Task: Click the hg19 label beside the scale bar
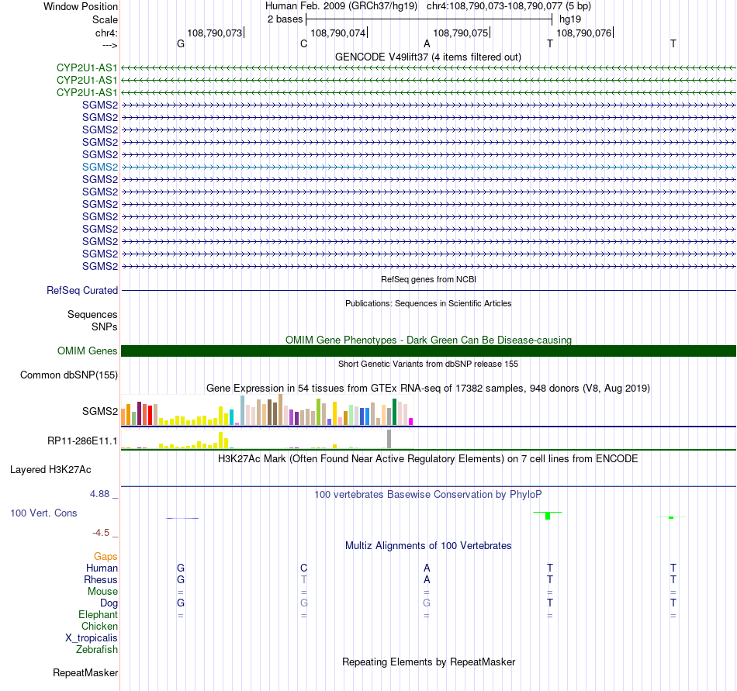point(570,19)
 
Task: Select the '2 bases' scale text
point(285,19)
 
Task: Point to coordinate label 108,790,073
point(214,33)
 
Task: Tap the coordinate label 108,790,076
point(583,33)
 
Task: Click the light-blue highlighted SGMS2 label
point(100,167)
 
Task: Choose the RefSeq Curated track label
point(82,291)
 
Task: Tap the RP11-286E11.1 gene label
point(82,441)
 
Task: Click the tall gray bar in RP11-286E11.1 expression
point(389,439)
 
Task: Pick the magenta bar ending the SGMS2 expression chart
point(411,421)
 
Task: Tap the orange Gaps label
point(106,556)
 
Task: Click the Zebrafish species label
point(97,650)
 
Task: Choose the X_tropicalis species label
point(92,638)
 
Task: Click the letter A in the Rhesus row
point(427,579)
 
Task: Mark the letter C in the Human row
point(304,568)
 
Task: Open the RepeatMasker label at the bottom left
point(85,672)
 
